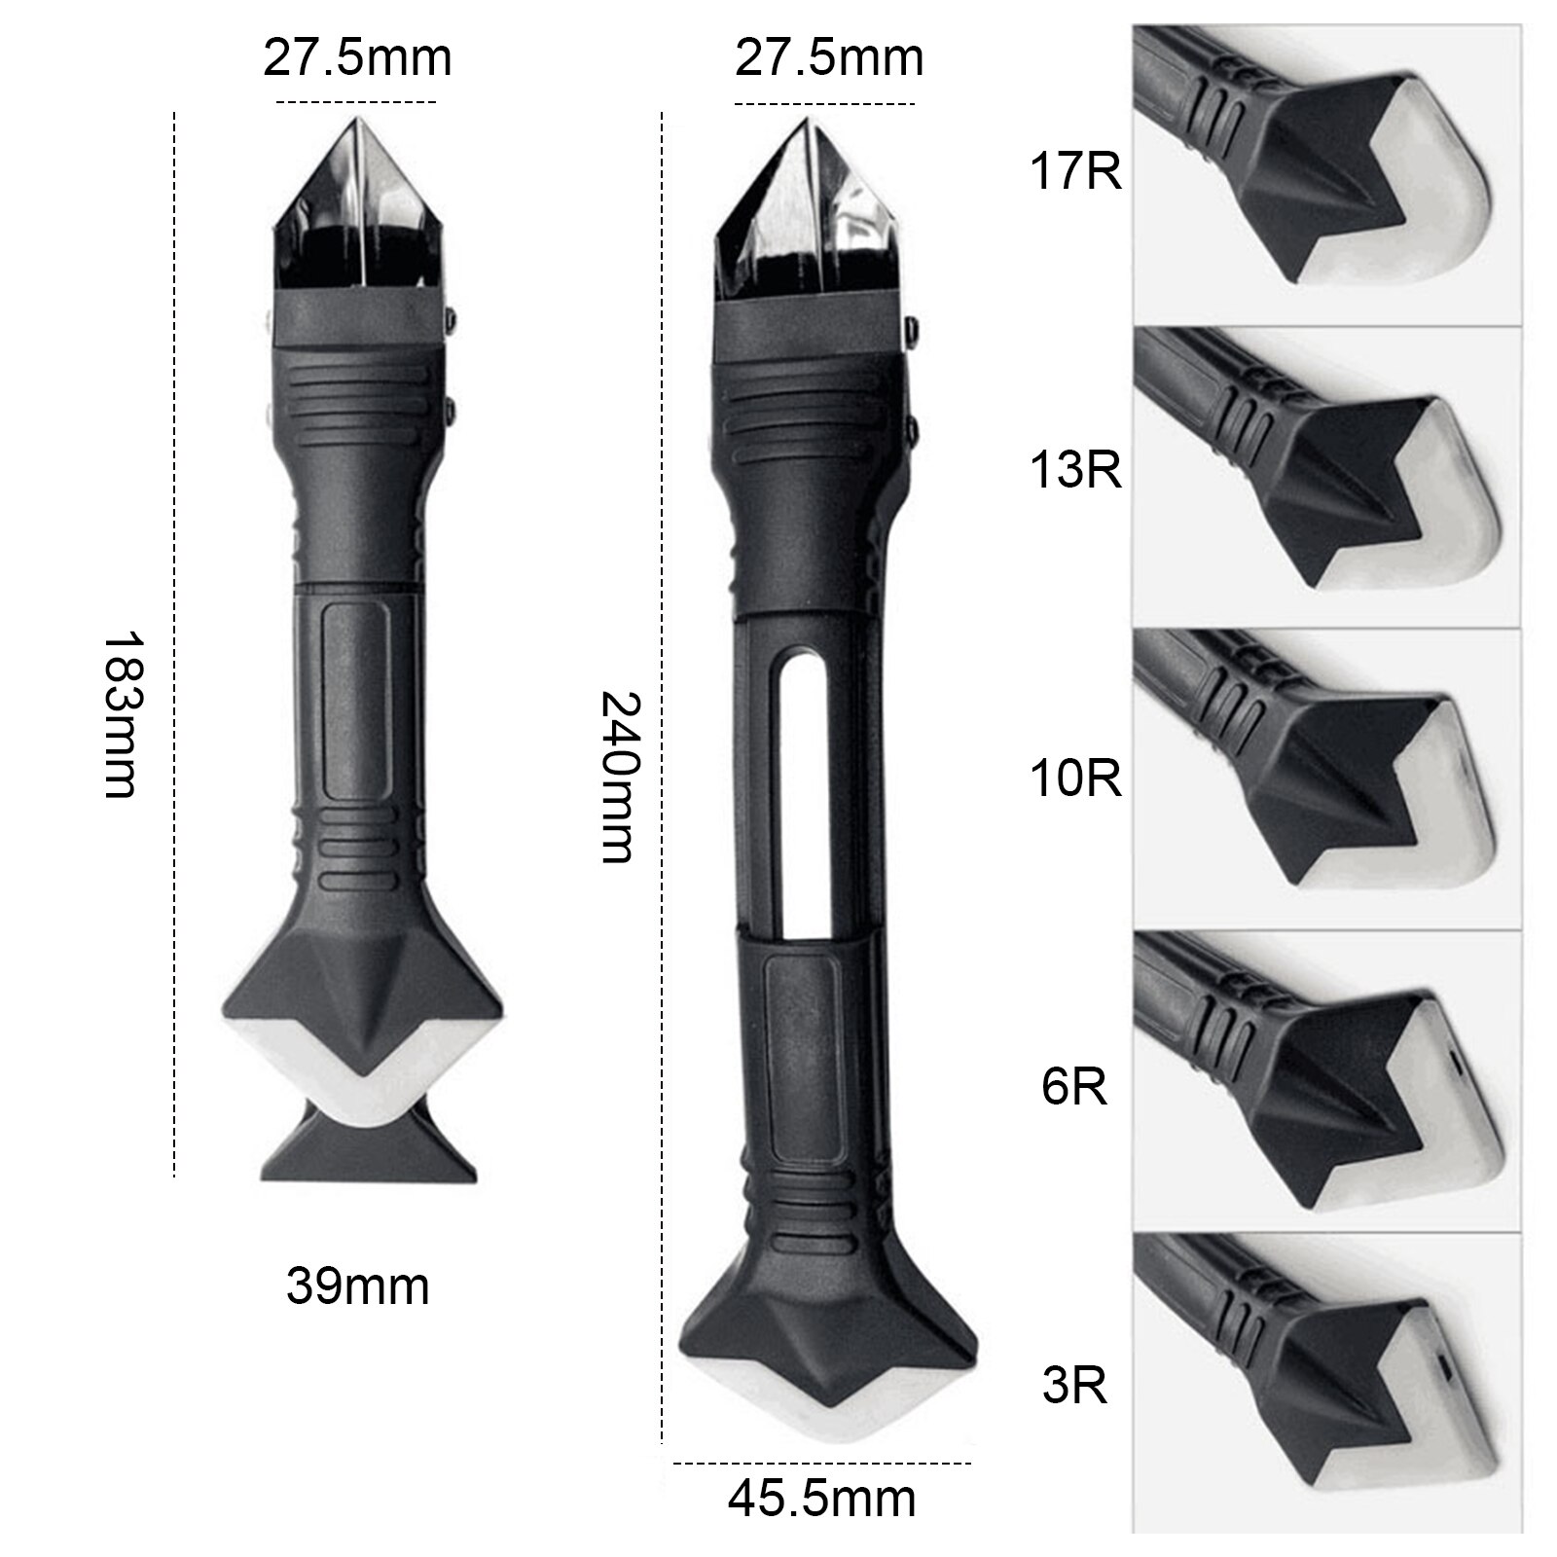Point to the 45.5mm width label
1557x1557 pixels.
822,1499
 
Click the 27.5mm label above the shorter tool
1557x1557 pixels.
357,58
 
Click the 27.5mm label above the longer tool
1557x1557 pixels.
828,58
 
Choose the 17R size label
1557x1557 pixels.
1074,172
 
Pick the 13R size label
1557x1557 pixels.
1074,470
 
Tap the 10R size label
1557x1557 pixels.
1074,778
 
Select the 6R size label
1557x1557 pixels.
1074,1086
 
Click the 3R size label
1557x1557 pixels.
1074,1384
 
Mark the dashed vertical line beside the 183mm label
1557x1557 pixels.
174,642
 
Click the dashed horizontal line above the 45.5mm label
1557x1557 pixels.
822,1462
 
